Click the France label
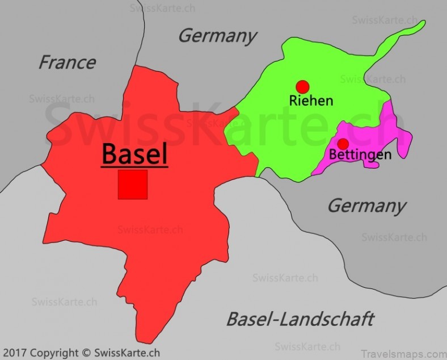pos(67,62)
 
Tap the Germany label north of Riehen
pos(217,36)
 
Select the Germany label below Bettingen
pos(366,205)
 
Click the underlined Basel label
pos(134,153)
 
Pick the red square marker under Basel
pos(133,185)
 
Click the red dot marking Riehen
pos(302,86)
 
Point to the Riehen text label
pos(311,101)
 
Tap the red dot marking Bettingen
pos(343,144)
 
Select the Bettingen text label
pos(360,154)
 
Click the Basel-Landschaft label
pos(300,319)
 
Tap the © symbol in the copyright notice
pos(87,353)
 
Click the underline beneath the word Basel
pos(134,166)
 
